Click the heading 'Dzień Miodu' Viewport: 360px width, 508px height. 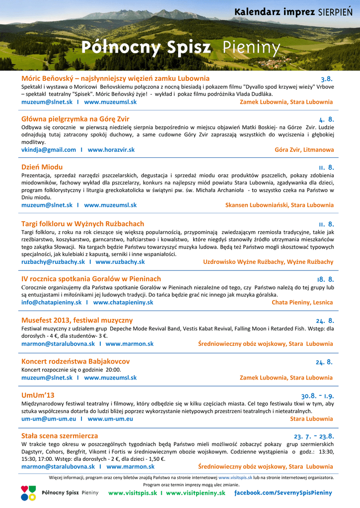click(42, 167)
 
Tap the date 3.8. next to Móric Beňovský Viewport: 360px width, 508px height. click(326, 79)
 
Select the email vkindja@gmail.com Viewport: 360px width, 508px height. click(49, 150)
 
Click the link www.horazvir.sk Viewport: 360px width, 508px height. click(111, 150)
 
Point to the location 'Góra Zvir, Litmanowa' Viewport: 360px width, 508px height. click(304, 150)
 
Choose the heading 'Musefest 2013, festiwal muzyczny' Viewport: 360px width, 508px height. click(77, 320)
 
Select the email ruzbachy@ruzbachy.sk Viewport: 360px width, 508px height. click(53, 262)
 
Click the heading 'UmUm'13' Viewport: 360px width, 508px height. click(38, 395)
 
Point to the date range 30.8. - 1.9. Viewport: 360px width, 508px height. click(317, 396)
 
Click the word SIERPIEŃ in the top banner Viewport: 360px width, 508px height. click(335, 12)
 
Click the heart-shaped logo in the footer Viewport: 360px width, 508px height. click(28, 493)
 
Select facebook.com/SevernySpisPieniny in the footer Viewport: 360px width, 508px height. click(283, 493)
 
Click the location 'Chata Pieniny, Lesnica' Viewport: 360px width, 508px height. click(302, 302)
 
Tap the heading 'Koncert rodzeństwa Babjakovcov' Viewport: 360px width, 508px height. click(75, 362)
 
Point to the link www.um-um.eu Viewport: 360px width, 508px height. click(110, 419)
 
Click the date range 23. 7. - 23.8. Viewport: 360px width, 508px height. click(313, 437)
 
